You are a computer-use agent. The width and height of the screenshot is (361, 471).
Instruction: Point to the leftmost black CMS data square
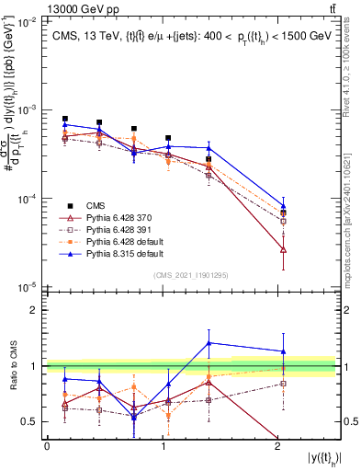point(65,119)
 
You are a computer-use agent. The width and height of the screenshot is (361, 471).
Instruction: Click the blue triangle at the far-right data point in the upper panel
point(283,207)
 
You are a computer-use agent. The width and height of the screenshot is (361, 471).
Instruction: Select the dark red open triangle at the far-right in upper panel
point(283,249)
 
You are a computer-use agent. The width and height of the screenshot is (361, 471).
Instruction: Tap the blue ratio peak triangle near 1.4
point(209,343)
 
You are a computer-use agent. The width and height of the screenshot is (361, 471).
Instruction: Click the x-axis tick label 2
point(277,446)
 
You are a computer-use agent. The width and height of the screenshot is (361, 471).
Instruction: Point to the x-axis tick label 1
point(163,446)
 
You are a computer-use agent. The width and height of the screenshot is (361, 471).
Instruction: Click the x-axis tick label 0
point(47,446)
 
